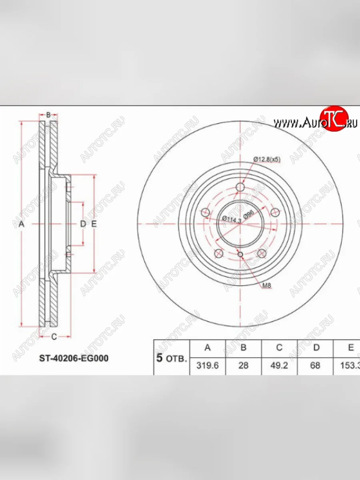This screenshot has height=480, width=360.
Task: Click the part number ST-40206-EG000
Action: [74, 358]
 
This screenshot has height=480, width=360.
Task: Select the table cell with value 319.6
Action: [207, 366]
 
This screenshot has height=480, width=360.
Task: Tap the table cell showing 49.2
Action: [279, 366]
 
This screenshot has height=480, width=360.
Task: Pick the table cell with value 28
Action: [243, 366]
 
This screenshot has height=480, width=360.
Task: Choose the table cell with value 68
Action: [315, 366]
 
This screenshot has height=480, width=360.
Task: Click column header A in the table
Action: [207, 348]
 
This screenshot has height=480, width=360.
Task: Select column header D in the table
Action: [316, 348]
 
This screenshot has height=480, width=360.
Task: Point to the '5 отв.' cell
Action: [171, 358]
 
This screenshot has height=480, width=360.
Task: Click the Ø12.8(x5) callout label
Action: [267, 159]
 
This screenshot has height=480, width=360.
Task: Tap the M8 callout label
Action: [266, 286]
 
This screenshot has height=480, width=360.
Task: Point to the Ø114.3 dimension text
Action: [231, 219]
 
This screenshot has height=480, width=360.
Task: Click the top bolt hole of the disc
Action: [240, 187]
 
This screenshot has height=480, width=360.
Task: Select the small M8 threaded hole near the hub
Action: [240, 255]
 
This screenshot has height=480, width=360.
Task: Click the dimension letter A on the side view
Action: [22, 224]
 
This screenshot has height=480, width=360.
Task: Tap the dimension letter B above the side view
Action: [48, 115]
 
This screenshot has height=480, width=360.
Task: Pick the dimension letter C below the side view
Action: [54, 336]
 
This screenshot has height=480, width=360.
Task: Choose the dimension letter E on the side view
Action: [94, 224]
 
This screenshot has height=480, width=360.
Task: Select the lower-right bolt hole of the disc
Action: [262, 253]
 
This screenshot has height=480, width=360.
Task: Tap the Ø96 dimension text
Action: [249, 216]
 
